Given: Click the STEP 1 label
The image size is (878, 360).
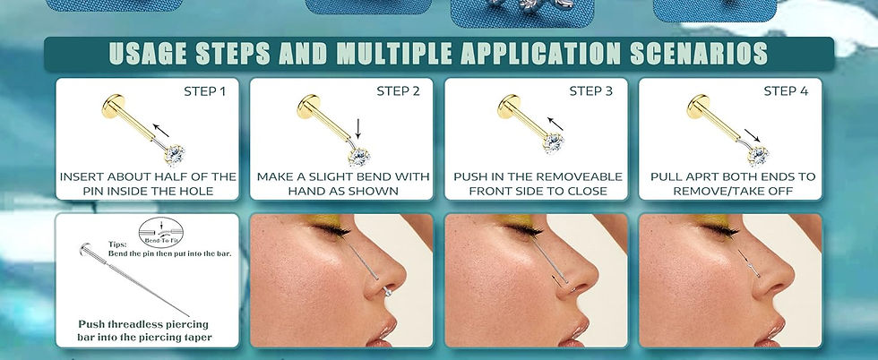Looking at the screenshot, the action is [x=204, y=91].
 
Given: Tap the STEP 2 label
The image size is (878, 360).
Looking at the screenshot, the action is [x=398, y=91].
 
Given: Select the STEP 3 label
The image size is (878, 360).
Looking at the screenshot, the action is [x=590, y=91].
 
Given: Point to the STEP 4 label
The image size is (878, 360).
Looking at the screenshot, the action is [x=786, y=91].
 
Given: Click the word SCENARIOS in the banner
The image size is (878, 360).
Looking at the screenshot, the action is [x=699, y=54].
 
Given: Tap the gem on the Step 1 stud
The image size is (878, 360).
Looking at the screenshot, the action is [x=175, y=154].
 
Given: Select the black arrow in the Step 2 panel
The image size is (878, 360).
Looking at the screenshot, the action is [x=357, y=129].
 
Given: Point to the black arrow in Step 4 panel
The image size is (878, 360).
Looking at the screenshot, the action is [x=752, y=135].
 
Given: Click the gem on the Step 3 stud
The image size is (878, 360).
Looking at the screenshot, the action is [x=553, y=142].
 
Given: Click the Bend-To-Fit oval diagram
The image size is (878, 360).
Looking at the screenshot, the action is [x=160, y=232].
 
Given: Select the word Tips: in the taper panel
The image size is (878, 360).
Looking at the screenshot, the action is [x=117, y=244].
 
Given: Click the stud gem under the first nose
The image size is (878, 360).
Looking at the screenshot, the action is [x=387, y=292].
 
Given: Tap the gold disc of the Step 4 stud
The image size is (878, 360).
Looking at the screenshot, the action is [x=697, y=106].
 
